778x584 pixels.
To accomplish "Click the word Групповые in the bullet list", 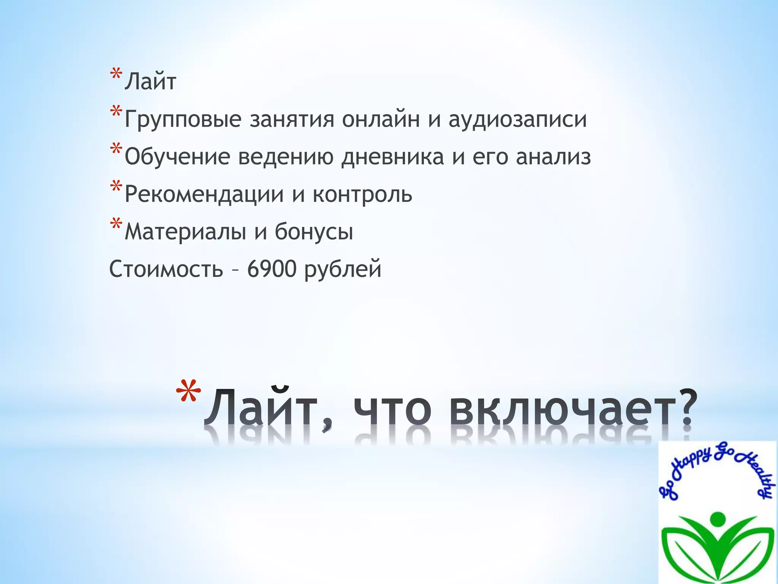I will pos(183,119).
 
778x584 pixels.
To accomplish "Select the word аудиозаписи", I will pos(517,119).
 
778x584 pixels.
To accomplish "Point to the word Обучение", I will pos(177,157).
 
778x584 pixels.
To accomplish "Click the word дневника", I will pos(392,157).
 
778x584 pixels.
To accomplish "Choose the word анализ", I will pos(553,157).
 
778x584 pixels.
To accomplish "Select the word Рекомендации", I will pos(204,195).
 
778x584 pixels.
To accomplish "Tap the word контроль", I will pos(362,195).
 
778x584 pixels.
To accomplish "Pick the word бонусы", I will pos(314,232).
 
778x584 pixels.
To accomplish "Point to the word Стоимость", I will pos(166,269).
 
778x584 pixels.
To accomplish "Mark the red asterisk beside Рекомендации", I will pos(115,187).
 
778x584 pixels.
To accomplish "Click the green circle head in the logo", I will pos(717,519).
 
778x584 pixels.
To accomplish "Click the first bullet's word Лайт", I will pos(150,82).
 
